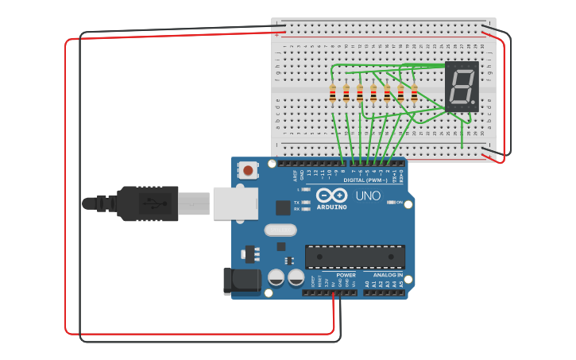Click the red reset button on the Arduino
click(249, 170)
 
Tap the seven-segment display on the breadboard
click(462, 87)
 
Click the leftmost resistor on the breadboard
click(332, 94)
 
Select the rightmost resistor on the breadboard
click(414, 94)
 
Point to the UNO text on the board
click(367, 195)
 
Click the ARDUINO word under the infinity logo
click(332, 207)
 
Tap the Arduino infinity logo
click(332, 195)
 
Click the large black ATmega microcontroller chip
click(355, 256)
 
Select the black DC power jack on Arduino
click(242, 281)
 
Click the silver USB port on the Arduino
click(234, 203)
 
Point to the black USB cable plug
click(147, 203)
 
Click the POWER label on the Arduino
click(346, 275)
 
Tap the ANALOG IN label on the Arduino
click(387, 275)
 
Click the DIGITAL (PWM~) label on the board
click(365, 180)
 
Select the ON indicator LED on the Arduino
click(391, 203)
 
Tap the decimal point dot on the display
click(474, 103)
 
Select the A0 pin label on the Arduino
click(366, 284)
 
